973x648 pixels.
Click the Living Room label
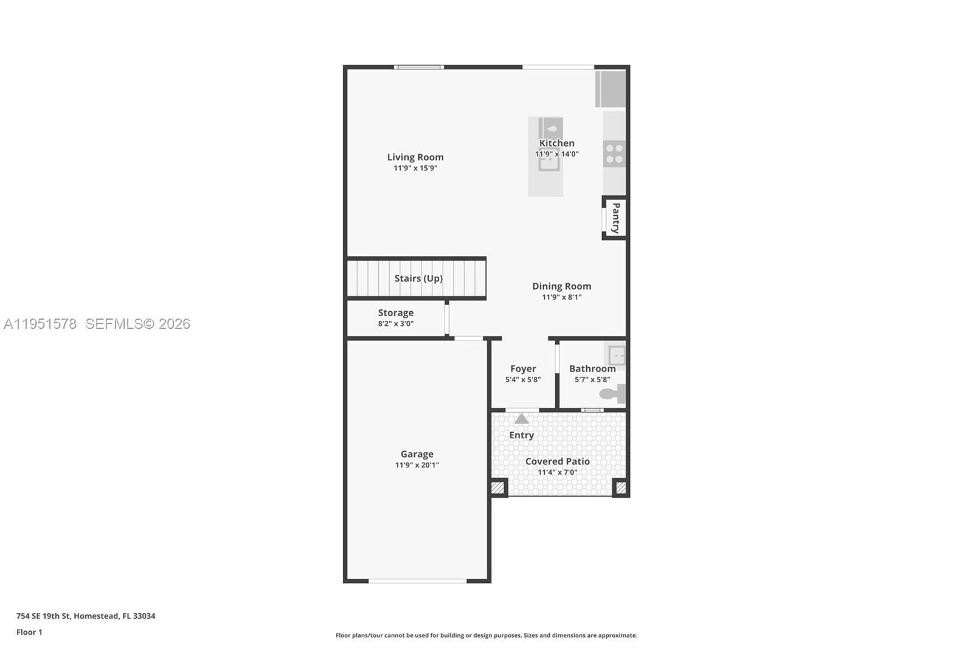(415, 157)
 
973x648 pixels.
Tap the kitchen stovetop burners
(614, 153)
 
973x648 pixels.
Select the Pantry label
(615, 218)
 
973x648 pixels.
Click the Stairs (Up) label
(418, 278)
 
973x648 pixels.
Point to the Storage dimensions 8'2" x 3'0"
(395, 324)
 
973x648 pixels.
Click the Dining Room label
(561, 286)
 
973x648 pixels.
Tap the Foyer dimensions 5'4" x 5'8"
(522, 380)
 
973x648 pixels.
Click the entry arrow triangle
(522, 419)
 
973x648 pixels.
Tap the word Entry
(521, 435)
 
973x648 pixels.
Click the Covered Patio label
(557, 461)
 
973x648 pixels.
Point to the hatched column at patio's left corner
(498, 488)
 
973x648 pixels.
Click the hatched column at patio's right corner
(621, 488)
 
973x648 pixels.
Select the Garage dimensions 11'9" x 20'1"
(417, 465)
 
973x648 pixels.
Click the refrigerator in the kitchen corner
(611, 89)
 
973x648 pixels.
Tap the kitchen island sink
(549, 160)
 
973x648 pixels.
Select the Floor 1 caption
(29, 632)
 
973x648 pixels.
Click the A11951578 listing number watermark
(40, 324)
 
